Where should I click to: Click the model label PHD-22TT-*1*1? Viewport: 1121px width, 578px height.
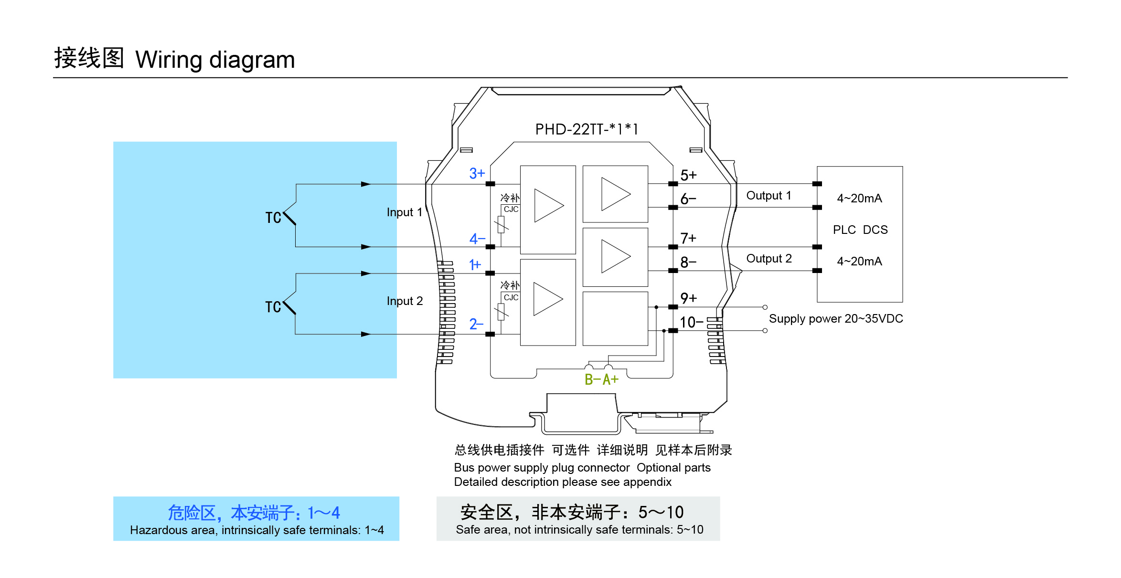coord(586,129)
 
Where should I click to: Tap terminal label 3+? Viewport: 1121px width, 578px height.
coord(477,173)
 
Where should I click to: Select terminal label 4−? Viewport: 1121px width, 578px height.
coord(477,238)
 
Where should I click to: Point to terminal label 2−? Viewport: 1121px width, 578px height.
coord(476,324)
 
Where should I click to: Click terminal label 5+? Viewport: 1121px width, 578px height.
coord(688,175)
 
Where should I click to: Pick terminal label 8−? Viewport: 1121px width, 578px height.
coord(688,262)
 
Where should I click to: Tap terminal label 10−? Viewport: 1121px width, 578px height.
coord(691,322)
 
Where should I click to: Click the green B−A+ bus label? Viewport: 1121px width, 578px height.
coord(601,379)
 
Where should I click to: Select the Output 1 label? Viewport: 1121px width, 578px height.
coord(769,196)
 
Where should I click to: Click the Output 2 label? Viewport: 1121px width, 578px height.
coord(769,259)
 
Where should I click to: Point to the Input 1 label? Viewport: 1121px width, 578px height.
coord(405,212)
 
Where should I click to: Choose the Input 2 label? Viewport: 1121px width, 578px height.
coord(405,301)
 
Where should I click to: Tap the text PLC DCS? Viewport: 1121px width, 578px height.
coord(860,230)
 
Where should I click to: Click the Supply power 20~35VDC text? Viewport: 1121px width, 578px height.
coord(835,319)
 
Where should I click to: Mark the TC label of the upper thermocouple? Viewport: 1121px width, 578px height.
coord(273,218)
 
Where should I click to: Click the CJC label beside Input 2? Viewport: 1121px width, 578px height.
coord(511,297)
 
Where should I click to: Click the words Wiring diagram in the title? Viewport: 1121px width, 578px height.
coord(215,60)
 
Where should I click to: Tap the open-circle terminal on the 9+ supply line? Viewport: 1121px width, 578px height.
coord(765,307)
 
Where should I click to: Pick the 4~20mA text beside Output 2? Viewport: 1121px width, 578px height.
coord(859,262)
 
